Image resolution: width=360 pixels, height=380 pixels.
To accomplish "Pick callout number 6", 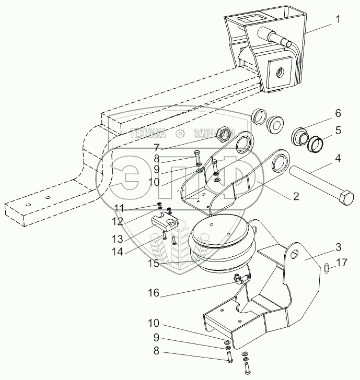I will click(338, 113).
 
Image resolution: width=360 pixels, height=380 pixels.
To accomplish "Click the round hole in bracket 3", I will click(296, 255).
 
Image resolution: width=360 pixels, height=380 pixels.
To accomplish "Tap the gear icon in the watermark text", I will click(180, 134).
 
